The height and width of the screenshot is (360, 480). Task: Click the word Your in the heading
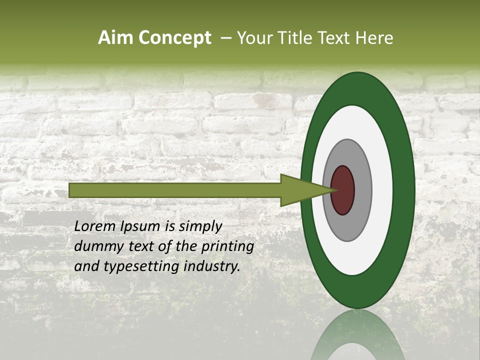(x=253, y=38)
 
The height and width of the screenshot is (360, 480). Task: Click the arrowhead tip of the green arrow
(x=333, y=190)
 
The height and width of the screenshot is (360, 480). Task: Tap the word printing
(x=227, y=247)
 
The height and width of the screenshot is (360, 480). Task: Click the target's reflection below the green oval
(x=357, y=337)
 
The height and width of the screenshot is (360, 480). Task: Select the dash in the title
(x=225, y=38)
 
